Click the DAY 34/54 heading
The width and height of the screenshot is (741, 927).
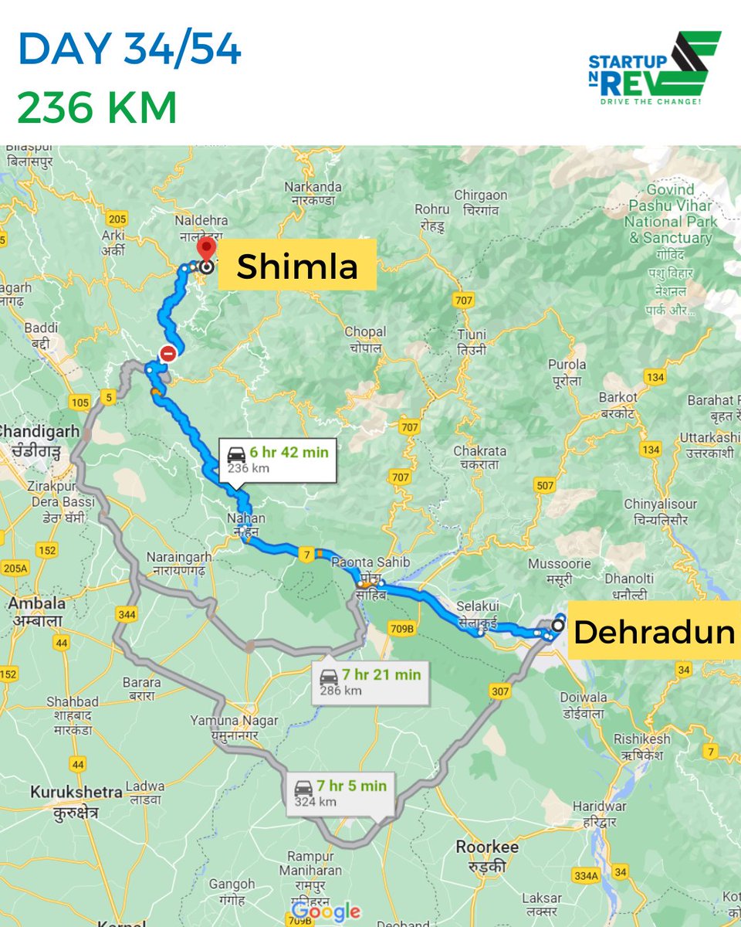pyautogui.click(x=129, y=50)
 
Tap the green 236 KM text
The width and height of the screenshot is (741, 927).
pyautogui.click(x=97, y=107)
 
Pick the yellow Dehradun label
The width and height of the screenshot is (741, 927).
pyautogui.click(x=654, y=631)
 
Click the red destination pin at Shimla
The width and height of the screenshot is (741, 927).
pyautogui.click(x=206, y=251)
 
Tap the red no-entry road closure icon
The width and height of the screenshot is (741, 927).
pyautogui.click(x=167, y=355)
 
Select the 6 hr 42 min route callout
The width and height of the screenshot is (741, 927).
pyautogui.click(x=277, y=460)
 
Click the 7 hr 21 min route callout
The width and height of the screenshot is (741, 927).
pyautogui.click(x=370, y=681)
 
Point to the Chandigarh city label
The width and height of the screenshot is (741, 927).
pyautogui.click(x=39, y=430)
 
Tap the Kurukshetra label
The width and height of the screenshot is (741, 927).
pyautogui.click(x=76, y=792)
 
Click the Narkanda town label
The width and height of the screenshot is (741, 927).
pyautogui.click(x=313, y=187)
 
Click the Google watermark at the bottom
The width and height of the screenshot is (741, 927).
pyautogui.click(x=326, y=911)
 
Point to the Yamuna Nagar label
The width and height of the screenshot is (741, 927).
pyautogui.click(x=234, y=721)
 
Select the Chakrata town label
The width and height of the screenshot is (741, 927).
pyautogui.click(x=479, y=451)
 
